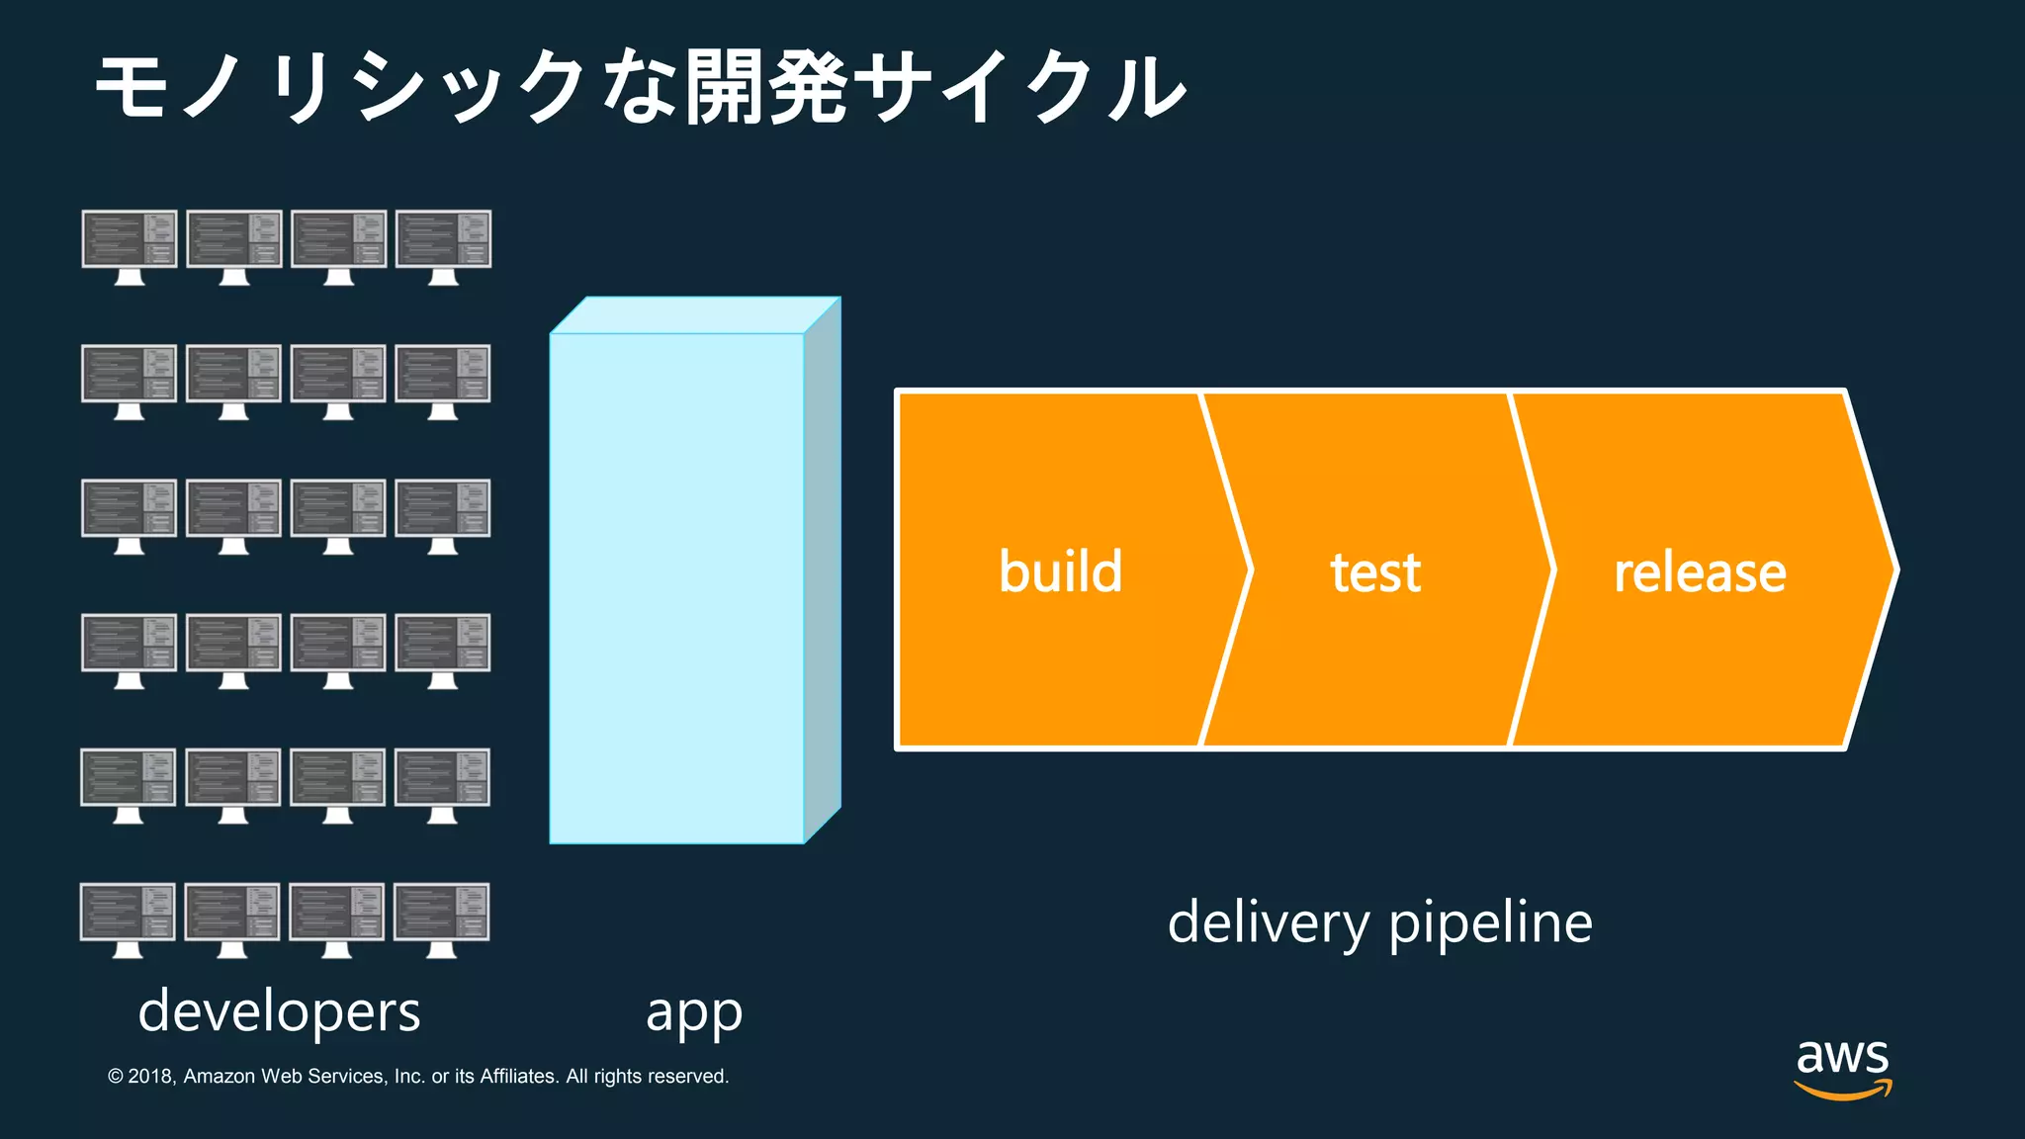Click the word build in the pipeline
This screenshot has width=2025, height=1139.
click(1060, 571)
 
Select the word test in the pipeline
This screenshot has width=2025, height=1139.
click(1375, 572)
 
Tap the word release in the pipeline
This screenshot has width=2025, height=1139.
click(1700, 572)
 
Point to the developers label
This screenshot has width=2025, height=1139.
click(279, 1011)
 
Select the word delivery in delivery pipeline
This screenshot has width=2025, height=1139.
click(1269, 922)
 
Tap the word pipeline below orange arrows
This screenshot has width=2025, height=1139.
click(1490, 922)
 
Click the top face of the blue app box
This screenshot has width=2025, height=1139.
click(695, 315)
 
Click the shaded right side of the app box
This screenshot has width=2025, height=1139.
click(823, 570)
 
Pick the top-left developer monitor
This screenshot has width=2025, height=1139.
click(130, 246)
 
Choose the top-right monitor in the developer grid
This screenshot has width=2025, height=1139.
click(443, 246)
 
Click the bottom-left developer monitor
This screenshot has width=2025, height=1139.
click(128, 920)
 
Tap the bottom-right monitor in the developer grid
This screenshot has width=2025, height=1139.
click(441, 920)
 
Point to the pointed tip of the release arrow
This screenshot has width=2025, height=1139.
click(1893, 569)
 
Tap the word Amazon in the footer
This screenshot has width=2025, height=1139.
click(220, 1076)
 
